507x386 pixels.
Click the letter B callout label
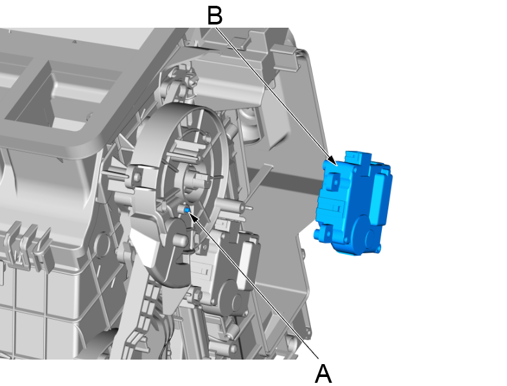tap(215, 16)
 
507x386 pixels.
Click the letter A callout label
tap(323, 374)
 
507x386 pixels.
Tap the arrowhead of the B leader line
tap(333, 161)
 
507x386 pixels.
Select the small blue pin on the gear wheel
tap(187, 210)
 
